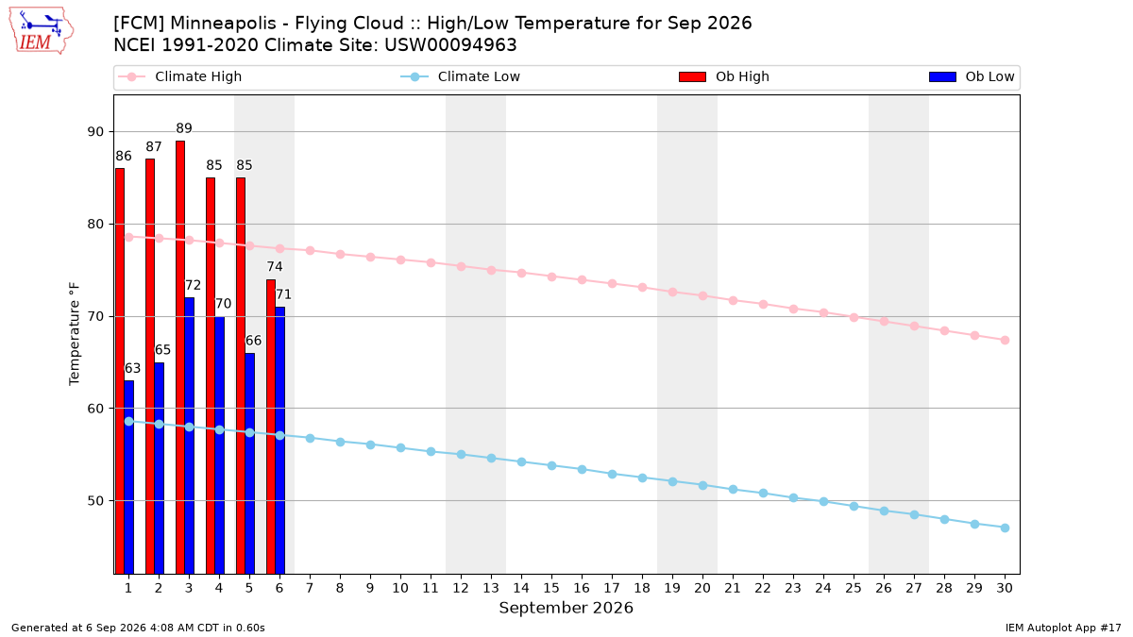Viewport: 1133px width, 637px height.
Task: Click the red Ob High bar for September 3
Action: pos(180,357)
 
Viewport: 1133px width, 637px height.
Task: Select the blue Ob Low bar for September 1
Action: pos(129,477)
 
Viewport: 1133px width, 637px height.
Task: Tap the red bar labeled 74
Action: pos(271,427)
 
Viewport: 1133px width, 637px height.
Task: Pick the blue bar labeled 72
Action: pos(189,435)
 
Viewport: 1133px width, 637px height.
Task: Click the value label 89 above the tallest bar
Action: pos(183,128)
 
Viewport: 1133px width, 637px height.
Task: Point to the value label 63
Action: pos(132,369)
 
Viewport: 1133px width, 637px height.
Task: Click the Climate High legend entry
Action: pos(179,76)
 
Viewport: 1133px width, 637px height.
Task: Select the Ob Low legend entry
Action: pos(972,76)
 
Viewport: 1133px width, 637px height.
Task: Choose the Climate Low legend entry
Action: pos(461,76)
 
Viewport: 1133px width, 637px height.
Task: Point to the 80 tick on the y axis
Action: pos(95,224)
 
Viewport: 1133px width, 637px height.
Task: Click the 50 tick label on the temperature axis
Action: pos(95,501)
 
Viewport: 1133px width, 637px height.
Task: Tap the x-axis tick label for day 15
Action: pos(551,588)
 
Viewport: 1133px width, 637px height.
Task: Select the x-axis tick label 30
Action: pos(1005,588)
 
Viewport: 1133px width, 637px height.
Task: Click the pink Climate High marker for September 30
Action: pos(1005,341)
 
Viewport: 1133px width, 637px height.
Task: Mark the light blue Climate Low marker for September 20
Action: pos(702,485)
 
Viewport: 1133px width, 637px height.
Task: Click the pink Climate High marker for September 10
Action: pos(400,260)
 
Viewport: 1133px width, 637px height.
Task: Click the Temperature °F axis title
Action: pos(75,334)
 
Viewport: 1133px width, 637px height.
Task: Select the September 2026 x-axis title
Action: pos(566,608)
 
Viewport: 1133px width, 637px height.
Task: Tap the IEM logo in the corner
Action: pos(41,31)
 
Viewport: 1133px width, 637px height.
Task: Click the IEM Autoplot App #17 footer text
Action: pos(1063,628)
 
